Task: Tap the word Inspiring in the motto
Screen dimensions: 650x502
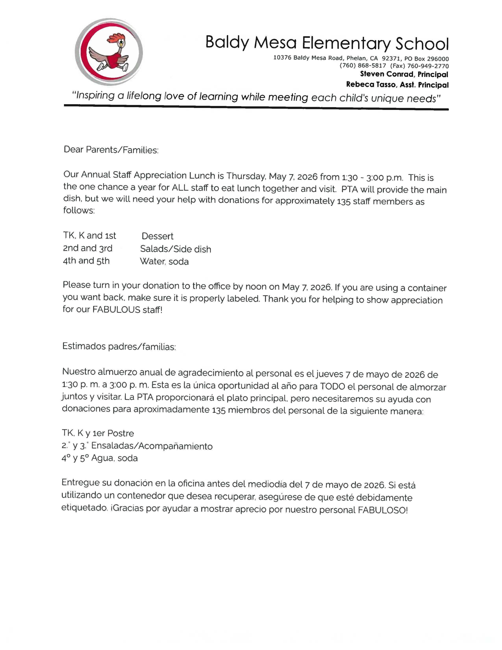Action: [x=94, y=96]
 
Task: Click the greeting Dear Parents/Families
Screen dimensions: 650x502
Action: [x=111, y=149]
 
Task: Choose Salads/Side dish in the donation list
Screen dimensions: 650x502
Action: [x=175, y=249]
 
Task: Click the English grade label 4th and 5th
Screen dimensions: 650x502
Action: [x=86, y=261]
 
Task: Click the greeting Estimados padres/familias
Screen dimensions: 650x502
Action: [x=119, y=347]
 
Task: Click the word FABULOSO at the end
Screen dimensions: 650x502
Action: [x=383, y=510]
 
